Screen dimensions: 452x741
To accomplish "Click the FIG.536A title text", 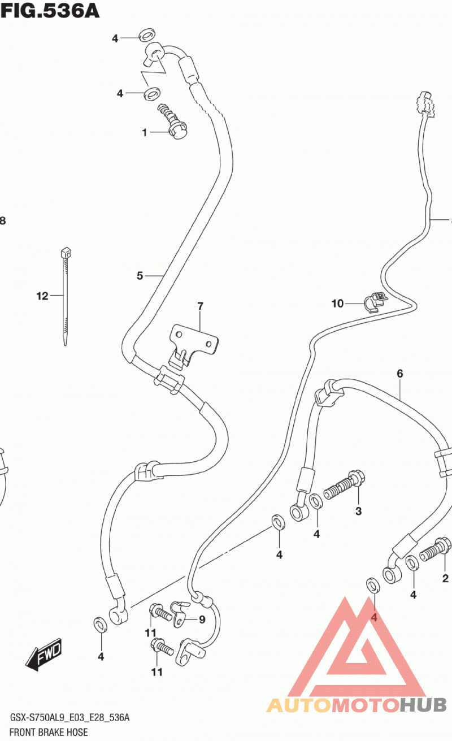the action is [x=50, y=11].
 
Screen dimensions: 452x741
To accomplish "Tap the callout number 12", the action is [x=42, y=296].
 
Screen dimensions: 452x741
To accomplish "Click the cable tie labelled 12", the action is [x=66, y=296].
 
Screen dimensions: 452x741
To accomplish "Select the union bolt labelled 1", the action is [x=173, y=122].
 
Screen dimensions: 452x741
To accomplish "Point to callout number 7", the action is [x=200, y=306].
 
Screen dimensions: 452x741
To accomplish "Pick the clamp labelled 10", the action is [x=376, y=301].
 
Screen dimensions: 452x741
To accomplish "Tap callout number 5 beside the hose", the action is [x=140, y=276].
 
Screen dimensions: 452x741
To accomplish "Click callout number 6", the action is [x=400, y=374].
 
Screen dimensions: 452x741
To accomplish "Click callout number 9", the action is [x=202, y=619].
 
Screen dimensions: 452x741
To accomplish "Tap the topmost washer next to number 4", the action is [x=147, y=35].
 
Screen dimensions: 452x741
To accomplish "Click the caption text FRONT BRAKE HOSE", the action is [x=49, y=732].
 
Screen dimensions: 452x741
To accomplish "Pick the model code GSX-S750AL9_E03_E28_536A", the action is [x=69, y=717].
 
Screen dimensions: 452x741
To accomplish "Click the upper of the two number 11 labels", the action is [x=150, y=633].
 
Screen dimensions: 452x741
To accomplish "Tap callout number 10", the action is [x=338, y=304].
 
